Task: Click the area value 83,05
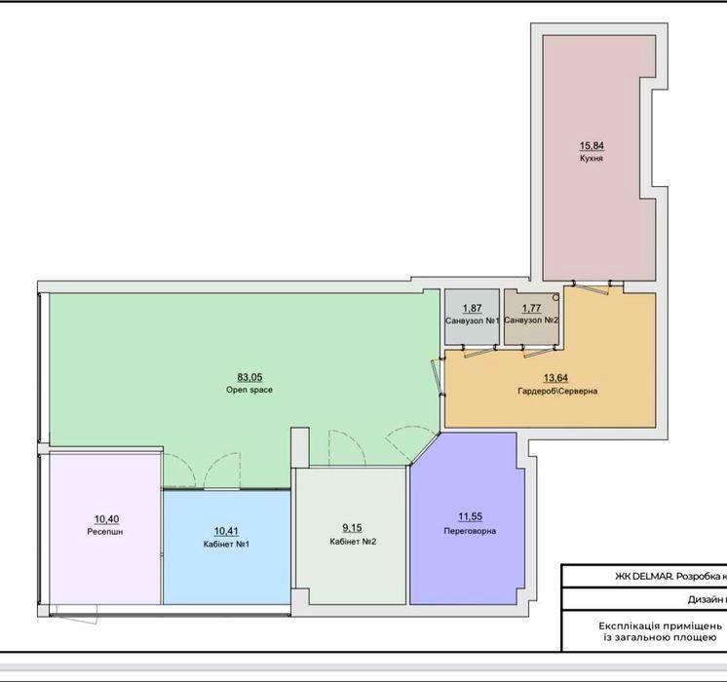point(249,377)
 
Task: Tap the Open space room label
point(249,390)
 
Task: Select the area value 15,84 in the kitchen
point(592,146)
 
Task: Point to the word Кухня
point(592,159)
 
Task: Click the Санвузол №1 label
point(473,321)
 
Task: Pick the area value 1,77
point(531,308)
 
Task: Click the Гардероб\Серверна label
point(557,391)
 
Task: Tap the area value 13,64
point(555,378)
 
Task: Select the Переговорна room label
point(470,531)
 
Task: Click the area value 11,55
point(470,516)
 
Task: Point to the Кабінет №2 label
point(353,541)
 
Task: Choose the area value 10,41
point(226,531)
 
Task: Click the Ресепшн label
point(105,532)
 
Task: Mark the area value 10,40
point(106,519)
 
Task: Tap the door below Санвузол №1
point(479,352)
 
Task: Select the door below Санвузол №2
point(540,352)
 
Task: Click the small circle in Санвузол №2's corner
point(555,297)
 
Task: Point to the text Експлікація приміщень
point(660,625)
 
